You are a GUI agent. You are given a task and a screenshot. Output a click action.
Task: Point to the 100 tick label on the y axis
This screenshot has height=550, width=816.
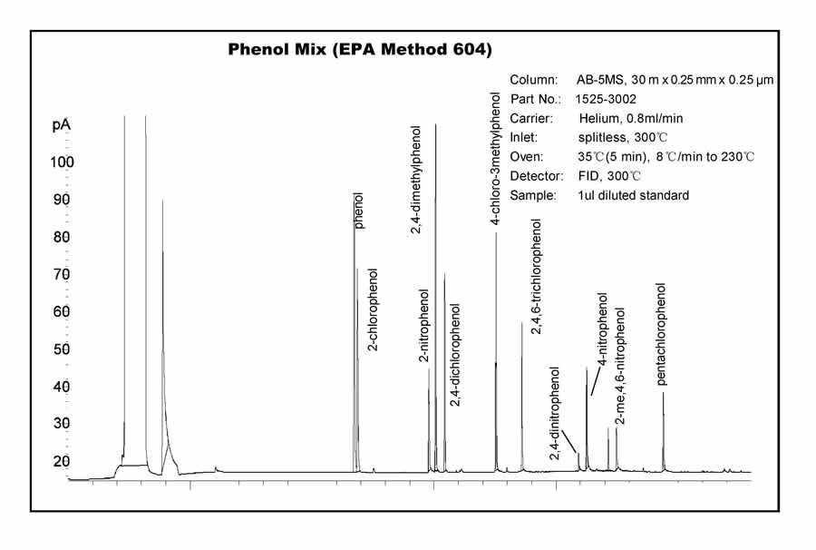pos(62,162)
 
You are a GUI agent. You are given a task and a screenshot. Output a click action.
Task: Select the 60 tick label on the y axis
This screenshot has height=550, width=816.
pos(62,312)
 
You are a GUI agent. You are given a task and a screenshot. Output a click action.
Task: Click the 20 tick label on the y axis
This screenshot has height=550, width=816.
pos(62,461)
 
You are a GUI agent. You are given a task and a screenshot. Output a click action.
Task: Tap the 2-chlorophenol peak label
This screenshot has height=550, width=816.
pos(374,309)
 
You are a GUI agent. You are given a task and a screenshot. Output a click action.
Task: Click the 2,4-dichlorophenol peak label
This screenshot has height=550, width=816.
pos(454,355)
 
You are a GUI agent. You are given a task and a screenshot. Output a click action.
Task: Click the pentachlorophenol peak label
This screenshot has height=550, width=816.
pos(661,335)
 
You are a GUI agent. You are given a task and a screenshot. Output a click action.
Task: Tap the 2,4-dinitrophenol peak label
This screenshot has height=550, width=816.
pos(555,414)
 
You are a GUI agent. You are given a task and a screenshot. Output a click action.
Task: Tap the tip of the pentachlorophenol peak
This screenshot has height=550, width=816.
pos(664,393)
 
